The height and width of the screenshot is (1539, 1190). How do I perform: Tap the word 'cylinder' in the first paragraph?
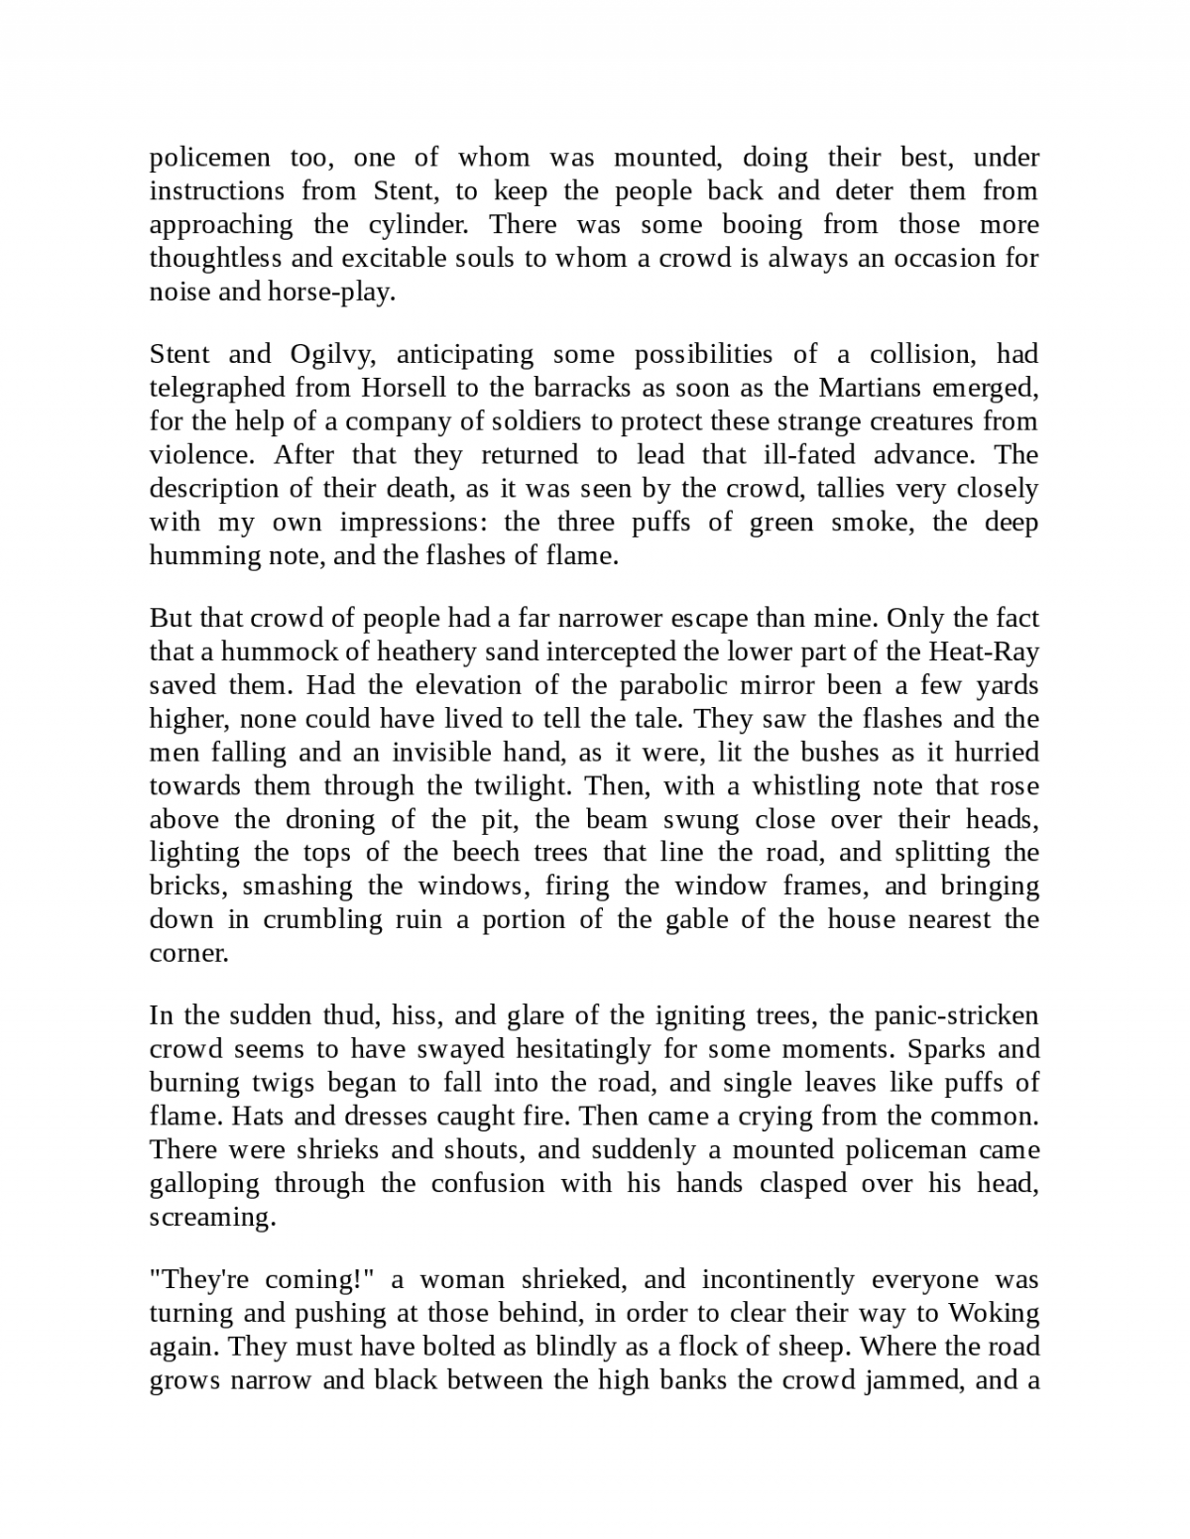coord(416,225)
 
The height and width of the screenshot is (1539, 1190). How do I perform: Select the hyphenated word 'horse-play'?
coord(330,293)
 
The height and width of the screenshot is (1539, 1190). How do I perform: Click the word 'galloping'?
coord(204,1184)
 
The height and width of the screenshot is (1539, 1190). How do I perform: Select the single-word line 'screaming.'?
coord(212,1218)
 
